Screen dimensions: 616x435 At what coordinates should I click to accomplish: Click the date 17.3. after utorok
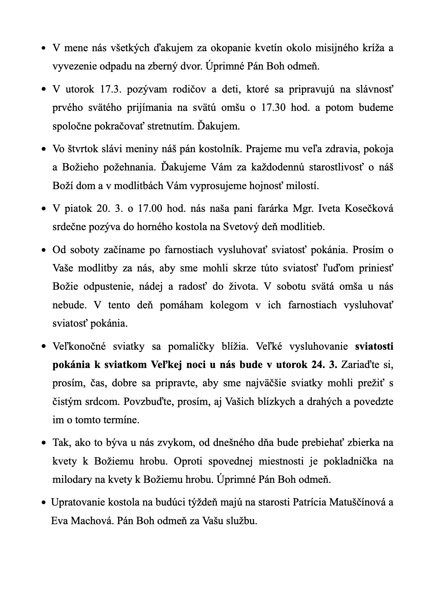point(110,90)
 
